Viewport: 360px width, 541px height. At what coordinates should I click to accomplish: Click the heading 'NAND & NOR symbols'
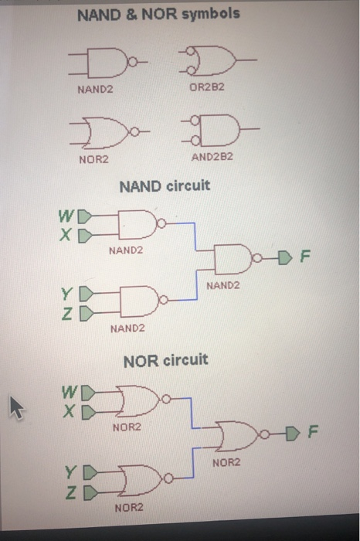[158, 14]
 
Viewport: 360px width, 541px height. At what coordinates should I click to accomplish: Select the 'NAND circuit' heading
[164, 186]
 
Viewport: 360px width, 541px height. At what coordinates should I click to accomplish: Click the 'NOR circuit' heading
[165, 360]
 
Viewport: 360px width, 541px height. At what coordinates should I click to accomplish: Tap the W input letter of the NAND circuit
[68, 214]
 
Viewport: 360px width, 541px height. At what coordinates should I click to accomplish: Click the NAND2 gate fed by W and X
[140, 224]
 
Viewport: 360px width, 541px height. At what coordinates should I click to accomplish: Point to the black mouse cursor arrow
[17, 407]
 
